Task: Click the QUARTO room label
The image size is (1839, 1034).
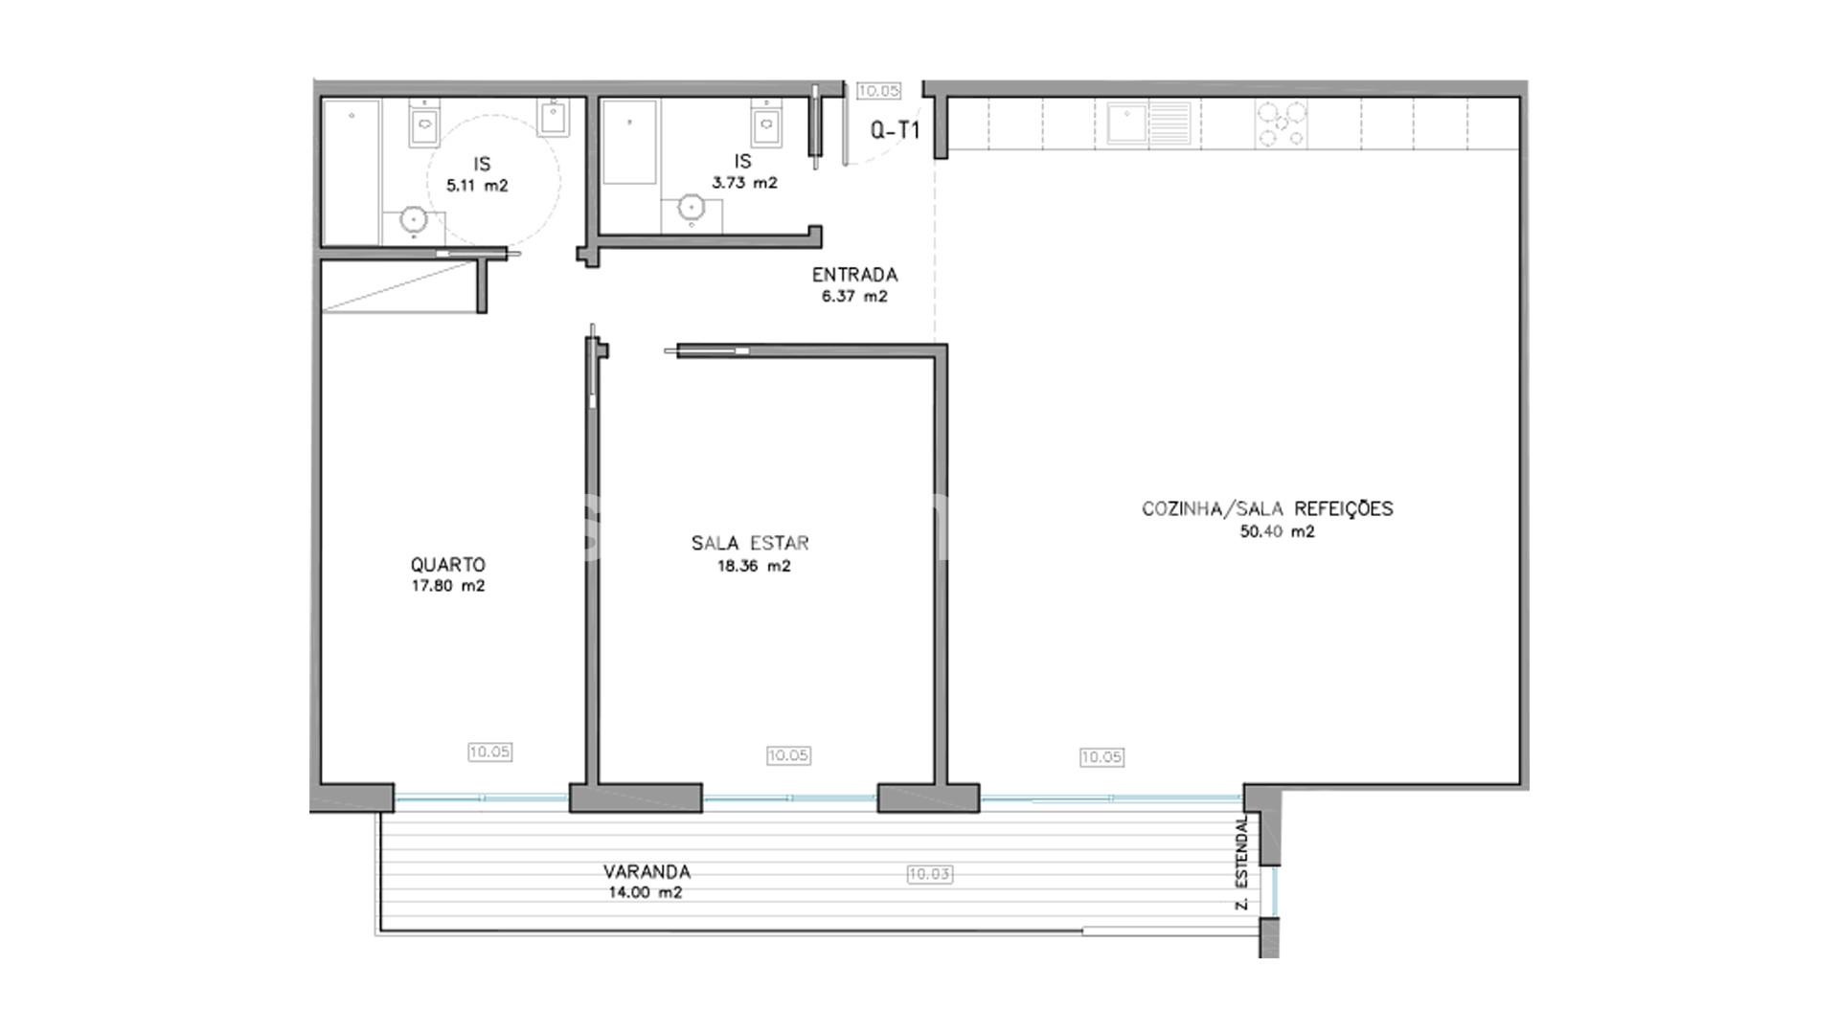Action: coord(447,565)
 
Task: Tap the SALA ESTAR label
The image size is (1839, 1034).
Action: coord(750,543)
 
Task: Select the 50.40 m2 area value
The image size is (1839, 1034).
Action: coord(1277,532)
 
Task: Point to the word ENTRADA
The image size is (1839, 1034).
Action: coord(854,275)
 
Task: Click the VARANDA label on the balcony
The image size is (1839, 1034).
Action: coord(647,872)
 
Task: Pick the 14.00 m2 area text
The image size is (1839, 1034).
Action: coord(645,893)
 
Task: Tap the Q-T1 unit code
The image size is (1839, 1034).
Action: coord(895,130)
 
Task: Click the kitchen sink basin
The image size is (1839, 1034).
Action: coord(1127,124)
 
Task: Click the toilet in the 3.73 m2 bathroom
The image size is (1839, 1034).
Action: coord(766,122)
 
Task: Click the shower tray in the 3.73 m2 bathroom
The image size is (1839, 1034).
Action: coord(629,142)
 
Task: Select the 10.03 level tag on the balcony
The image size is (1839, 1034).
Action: coord(929,874)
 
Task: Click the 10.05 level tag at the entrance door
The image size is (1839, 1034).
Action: coord(878,91)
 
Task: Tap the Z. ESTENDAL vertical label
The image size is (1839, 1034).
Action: coord(1242,863)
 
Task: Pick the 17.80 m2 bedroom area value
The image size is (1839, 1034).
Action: coord(448,586)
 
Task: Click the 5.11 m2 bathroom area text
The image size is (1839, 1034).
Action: coord(477,186)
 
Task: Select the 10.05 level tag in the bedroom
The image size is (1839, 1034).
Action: coord(489,753)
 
